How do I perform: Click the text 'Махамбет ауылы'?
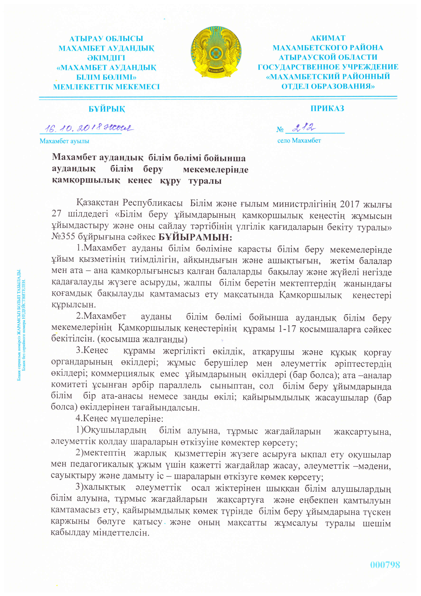tap(64, 141)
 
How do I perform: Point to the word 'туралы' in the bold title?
tap(205, 181)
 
